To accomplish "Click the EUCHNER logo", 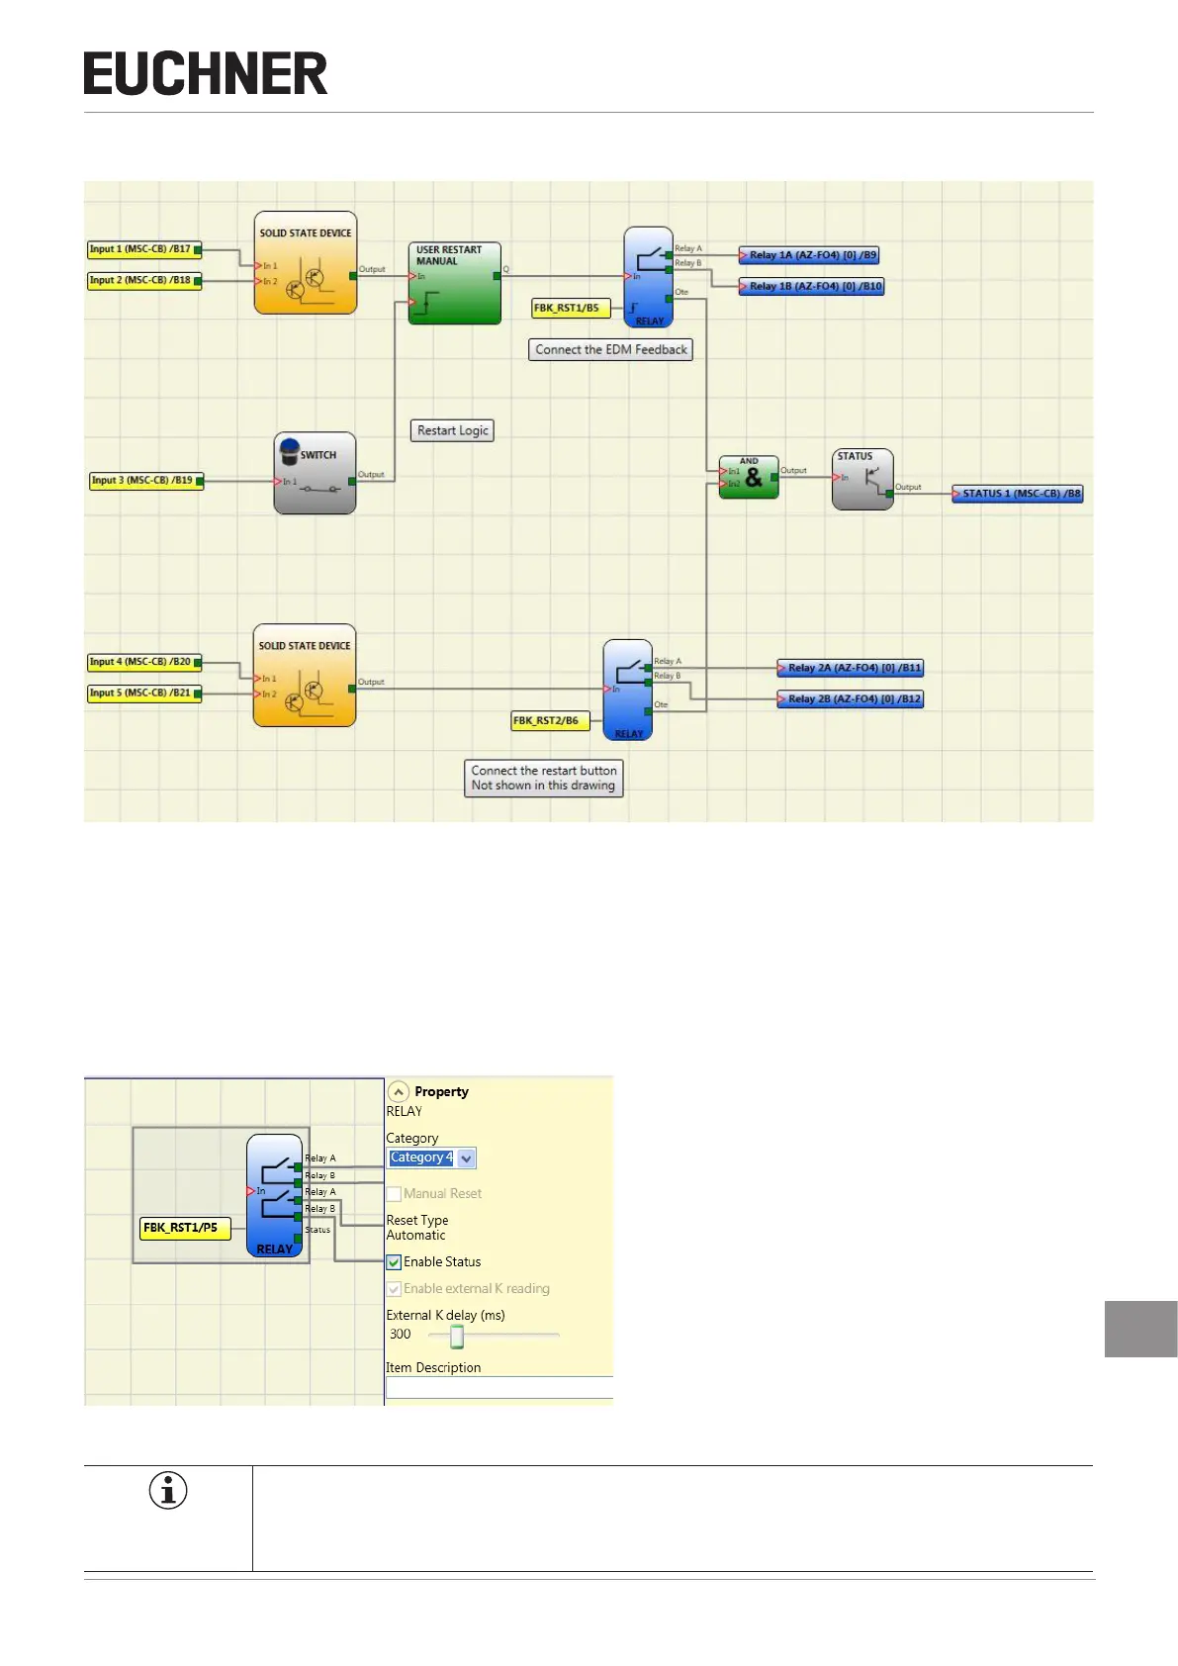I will (205, 74).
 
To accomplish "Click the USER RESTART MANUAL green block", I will (455, 284).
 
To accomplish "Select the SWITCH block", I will (315, 473).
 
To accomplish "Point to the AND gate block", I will (749, 478).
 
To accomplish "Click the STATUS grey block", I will (862, 480).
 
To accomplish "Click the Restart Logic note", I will (452, 430).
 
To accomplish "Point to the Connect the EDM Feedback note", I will (610, 349).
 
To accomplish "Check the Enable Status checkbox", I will (395, 1262).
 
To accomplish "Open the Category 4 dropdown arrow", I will (467, 1158).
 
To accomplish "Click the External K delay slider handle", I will (457, 1337).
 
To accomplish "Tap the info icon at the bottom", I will (168, 1490).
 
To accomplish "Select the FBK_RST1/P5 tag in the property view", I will (184, 1228).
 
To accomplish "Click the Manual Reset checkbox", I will (395, 1194).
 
